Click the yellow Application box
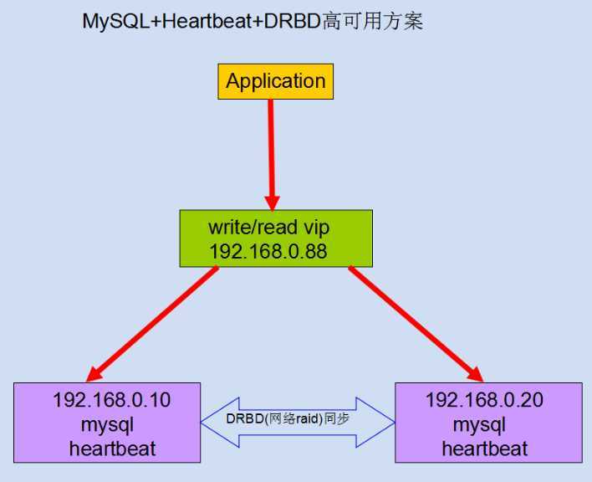click(276, 82)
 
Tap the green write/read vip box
click(276, 238)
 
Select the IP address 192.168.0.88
click(268, 252)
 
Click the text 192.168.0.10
click(112, 400)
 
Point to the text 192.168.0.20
click(484, 400)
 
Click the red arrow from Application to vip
click(272, 155)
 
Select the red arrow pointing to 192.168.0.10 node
click(152, 324)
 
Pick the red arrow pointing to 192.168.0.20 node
click(416, 324)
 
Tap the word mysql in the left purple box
click(108, 425)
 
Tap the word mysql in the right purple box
click(479, 425)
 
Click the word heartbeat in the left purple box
click(113, 449)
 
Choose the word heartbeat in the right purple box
click(485, 449)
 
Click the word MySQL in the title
click(116, 22)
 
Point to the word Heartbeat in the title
click(207, 21)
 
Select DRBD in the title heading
click(292, 21)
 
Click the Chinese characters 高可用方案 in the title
click(373, 21)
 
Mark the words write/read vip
click(268, 228)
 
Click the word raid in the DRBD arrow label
click(308, 419)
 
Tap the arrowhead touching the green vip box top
click(273, 203)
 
